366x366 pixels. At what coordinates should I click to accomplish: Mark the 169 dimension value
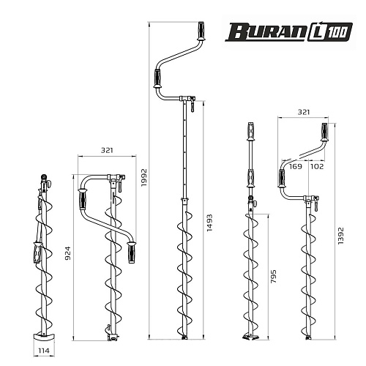295,166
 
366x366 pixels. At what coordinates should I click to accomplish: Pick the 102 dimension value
317,166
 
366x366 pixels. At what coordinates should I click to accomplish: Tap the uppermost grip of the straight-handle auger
250,135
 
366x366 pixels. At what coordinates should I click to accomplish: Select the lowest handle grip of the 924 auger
132,253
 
